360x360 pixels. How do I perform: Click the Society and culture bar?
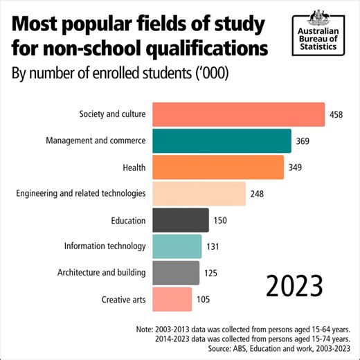coord(238,114)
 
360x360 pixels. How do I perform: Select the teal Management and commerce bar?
coord(222,141)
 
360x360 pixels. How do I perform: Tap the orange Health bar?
coord(217,167)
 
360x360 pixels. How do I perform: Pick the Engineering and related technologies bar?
coord(199,194)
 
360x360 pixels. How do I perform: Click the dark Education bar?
coord(180,220)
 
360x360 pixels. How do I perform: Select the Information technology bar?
coord(177,246)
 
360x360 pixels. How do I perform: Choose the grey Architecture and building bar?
coord(175,273)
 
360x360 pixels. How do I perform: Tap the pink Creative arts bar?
coord(172,299)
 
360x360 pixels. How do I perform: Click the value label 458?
coord(336,115)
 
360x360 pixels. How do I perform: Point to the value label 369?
coord(302,141)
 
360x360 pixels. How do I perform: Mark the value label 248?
coord(257,194)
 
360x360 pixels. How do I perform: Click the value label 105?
coord(203,300)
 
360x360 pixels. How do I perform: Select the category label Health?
coord(133,168)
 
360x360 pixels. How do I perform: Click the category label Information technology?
coord(105,246)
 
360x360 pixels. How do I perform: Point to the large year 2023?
coord(295,285)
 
